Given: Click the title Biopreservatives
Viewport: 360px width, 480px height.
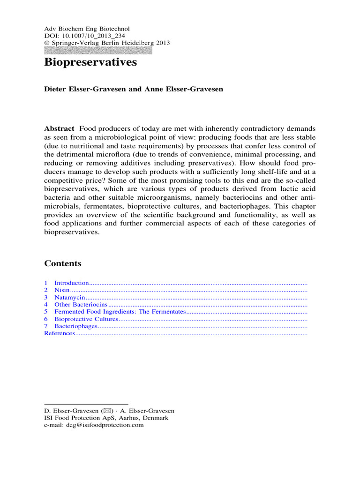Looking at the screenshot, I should (90, 63).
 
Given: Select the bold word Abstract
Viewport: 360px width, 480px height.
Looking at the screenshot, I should (59, 128).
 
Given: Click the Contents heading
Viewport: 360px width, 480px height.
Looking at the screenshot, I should (63, 263).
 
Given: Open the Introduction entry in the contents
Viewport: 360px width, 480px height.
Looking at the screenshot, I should (71, 283).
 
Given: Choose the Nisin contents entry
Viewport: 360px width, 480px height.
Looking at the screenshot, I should (62, 291).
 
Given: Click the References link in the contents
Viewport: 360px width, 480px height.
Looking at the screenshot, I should (60, 333).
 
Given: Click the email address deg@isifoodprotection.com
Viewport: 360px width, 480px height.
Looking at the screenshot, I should (104, 425).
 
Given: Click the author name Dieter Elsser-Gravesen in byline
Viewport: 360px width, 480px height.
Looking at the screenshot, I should (83, 89).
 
